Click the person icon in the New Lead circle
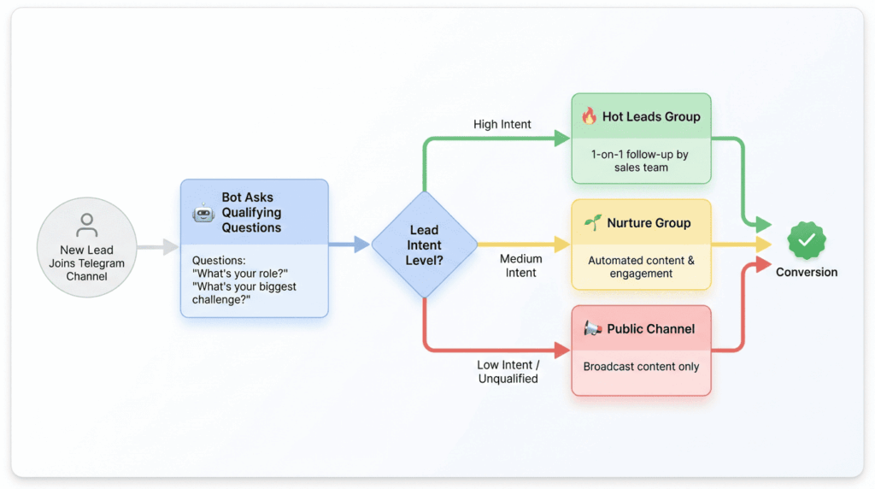point(86,226)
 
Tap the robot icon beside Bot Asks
point(203,212)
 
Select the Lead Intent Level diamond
point(424,244)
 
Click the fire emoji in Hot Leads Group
point(589,117)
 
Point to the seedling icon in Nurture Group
point(592,223)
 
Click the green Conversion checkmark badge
point(806,241)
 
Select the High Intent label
point(502,125)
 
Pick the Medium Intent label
point(520,265)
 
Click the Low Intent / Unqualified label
point(508,372)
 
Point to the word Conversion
point(807,273)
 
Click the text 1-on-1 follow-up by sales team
point(641,162)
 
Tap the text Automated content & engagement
point(641,268)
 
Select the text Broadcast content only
point(641,367)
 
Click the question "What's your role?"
point(237,274)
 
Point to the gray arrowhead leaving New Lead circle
point(172,247)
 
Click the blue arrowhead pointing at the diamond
point(362,244)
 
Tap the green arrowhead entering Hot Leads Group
point(562,138)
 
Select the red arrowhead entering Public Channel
point(562,350)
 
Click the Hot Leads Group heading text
point(651,117)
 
